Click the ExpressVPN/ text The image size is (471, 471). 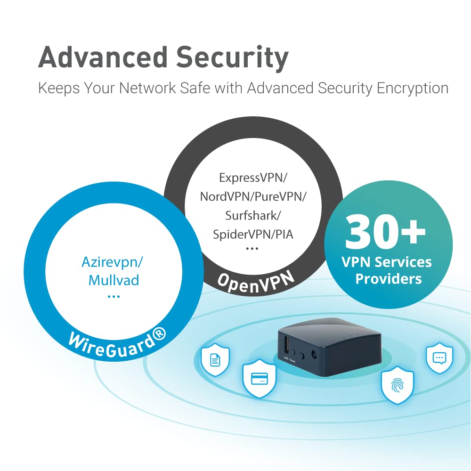tap(253, 178)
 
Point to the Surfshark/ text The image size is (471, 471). tap(253, 215)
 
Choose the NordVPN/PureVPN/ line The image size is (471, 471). tap(253, 196)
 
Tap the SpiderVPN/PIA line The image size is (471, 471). tap(253, 234)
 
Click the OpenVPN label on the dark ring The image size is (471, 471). tap(255, 280)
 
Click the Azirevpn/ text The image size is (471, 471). tap(114, 262)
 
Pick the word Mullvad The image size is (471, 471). tap(114, 281)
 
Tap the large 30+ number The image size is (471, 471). tap(385, 232)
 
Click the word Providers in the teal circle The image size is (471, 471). tap(388, 279)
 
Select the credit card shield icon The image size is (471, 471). tap(259, 378)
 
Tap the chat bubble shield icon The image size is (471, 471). tap(439, 358)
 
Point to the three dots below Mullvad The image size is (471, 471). tap(114, 297)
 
